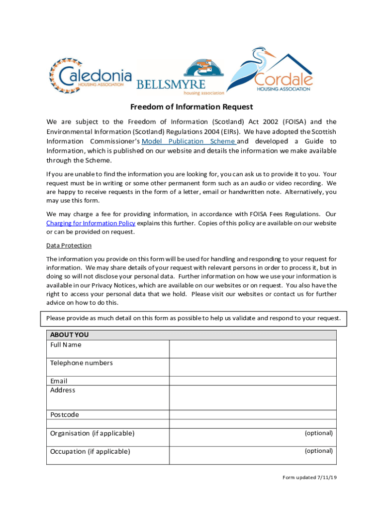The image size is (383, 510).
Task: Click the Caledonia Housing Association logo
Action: point(91,76)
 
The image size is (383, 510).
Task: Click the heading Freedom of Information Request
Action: point(191,107)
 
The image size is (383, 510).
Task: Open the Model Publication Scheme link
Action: point(189,141)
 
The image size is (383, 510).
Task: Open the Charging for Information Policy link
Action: point(91,223)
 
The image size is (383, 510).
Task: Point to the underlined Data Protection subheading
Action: point(69,246)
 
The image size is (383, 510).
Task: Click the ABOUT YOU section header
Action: point(69,335)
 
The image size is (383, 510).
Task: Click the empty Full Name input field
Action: point(253,349)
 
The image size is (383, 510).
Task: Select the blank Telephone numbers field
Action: point(253,367)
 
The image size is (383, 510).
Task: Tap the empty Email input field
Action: point(253,381)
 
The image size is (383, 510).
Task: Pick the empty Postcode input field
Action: point(253,415)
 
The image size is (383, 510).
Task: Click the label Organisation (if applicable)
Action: point(92,433)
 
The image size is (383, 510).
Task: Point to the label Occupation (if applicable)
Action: point(90,452)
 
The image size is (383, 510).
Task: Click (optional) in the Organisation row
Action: point(318,433)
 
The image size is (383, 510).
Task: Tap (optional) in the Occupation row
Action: point(318,451)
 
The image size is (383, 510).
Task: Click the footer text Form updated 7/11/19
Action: point(310,478)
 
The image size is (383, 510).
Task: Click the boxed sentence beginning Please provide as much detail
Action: point(193,318)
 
